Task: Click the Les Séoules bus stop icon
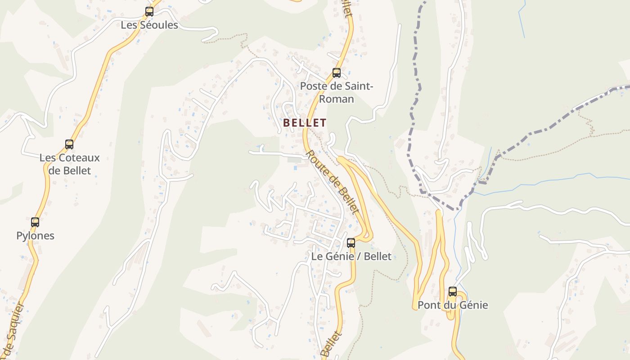[149, 12]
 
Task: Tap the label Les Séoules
[149, 25]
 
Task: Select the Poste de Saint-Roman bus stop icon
[336, 72]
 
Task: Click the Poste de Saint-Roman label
[337, 92]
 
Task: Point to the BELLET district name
[305, 122]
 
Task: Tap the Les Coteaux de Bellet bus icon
[69, 144]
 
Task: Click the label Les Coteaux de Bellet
[70, 164]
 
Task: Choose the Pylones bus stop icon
[35, 222]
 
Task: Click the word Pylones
[35, 236]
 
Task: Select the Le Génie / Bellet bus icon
[351, 243]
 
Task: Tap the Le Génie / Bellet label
[351, 256]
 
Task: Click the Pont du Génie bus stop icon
[453, 292]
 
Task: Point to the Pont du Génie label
[453, 305]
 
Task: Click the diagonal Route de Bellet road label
[333, 182]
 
